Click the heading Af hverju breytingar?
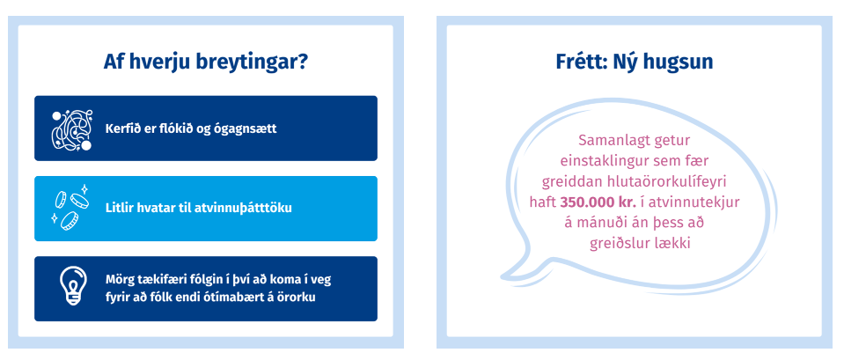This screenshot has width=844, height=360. [206, 62]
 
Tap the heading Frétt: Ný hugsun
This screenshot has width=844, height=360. [634, 62]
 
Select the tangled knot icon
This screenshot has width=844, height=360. [72, 129]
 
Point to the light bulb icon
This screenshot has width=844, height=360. [72, 286]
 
